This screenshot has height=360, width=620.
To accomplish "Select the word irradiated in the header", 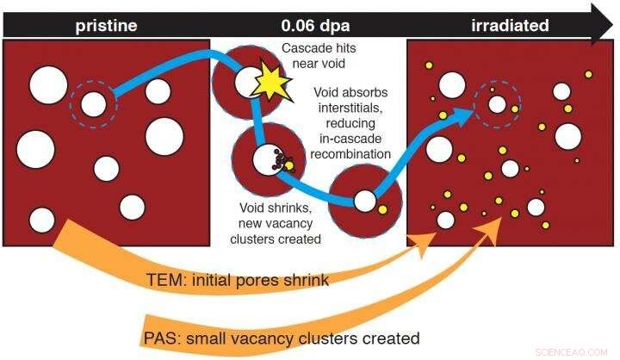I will tap(510, 26).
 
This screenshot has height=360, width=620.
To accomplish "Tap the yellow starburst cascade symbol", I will tap(271, 84).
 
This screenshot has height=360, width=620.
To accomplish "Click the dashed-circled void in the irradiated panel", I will tap(496, 105).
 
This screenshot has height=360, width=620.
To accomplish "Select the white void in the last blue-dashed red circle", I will tap(365, 202).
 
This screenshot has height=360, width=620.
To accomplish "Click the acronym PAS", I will tap(162, 338).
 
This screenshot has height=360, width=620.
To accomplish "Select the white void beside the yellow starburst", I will tap(248, 81).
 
